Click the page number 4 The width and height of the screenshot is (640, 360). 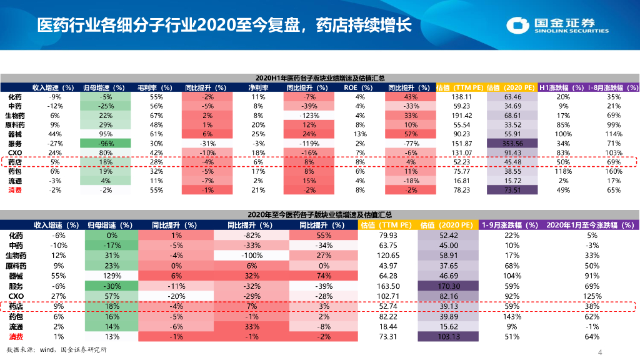pyautogui.click(x=600, y=352)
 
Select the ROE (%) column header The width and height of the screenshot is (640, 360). pyautogui.click(x=358, y=88)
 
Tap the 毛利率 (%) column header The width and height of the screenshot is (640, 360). pyautogui.click(x=156, y=88)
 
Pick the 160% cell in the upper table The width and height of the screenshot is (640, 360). pyautogui.click(x=614, y=171)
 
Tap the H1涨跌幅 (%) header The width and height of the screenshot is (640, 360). pyautogui.click(x=562, y=88)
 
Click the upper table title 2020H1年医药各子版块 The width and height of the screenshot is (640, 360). pyautogui.click(x=320, y=78)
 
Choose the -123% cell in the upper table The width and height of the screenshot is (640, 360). pyautogui.click(x=308, y=116)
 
